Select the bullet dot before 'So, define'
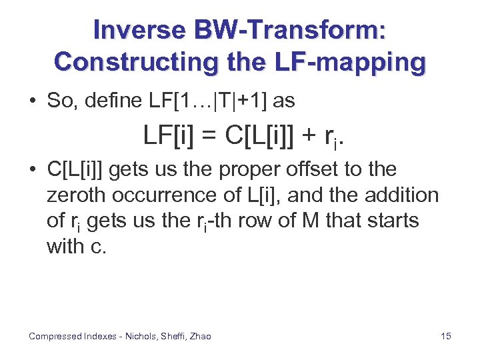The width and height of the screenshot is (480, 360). (33, 101)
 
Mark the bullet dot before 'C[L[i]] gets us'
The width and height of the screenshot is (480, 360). (33, 169)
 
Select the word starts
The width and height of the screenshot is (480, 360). (387, 221)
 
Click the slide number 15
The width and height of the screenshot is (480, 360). (446, 336)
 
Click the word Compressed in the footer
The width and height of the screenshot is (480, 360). (55, 336)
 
